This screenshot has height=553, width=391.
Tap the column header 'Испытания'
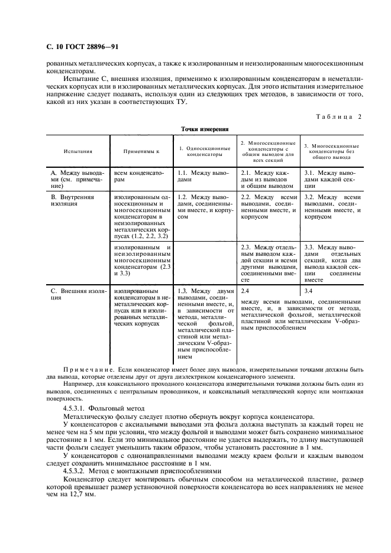(x=78, y=151)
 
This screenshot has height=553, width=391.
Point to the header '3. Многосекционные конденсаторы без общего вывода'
(x=331, y=151)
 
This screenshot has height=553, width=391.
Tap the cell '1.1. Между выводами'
(x=203, y=175)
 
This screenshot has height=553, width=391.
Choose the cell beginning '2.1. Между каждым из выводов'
(x=267, y=178)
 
